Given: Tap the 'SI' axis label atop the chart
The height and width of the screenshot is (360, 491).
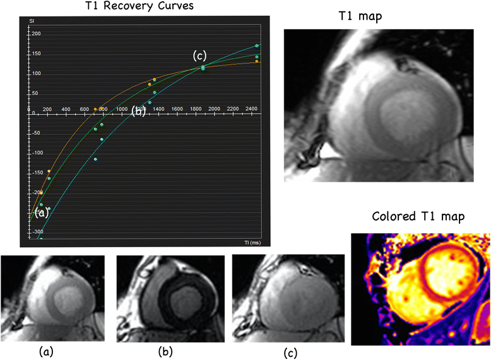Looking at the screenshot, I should pyautogui.click(x=31, y=22).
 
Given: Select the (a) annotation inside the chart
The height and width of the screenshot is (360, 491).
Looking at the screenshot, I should pyautogui.click(x=42, y=213).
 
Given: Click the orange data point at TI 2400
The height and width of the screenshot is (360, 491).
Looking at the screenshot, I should pyautogui.click(x=257, y=61).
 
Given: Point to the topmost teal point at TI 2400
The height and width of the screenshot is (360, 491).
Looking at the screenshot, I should pyautogui.click(x=257, y=46).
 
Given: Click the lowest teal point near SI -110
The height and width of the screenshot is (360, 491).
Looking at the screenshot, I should pyautogui.click(x=95, y=160).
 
